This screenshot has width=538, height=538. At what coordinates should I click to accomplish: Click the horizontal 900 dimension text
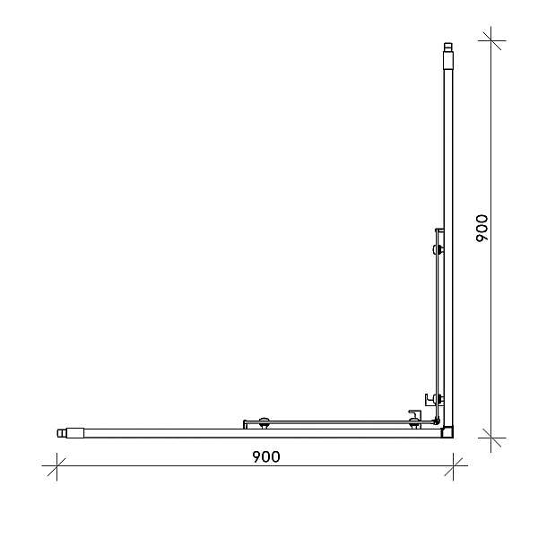point(266,456)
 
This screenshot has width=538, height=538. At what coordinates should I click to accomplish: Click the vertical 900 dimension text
point(482,228)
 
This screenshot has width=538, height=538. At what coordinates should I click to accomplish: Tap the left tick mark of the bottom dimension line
point(56,466)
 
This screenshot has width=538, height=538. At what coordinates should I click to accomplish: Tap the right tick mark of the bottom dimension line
point(453,466)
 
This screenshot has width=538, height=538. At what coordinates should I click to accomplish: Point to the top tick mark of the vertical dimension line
point(491,40)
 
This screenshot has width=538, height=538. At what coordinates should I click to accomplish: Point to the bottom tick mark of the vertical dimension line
point(491,438)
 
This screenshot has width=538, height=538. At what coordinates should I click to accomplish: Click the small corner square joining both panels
point(447,432)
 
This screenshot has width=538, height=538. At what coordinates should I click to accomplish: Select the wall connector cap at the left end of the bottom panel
point(70,433)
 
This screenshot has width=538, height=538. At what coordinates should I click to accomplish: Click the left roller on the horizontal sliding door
point(264,423)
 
